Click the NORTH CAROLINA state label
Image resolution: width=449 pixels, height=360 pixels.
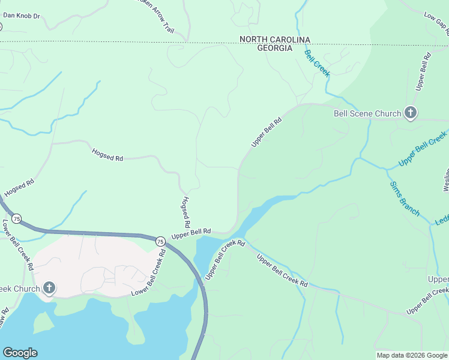pos(275,40)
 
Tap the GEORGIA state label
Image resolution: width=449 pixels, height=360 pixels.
pos(275,48)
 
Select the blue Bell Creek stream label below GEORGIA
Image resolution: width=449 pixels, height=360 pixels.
pos(317,63)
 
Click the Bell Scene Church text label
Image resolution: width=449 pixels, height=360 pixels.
pos(367,113)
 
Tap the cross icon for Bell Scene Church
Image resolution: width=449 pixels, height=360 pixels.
pos(411,113)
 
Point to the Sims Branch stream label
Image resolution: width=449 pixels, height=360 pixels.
pos(405,199)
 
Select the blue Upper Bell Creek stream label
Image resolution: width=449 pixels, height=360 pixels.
pos(423,149)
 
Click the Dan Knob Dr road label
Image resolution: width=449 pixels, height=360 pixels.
pos(22,14)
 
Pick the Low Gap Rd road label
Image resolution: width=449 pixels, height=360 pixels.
pos(436,22)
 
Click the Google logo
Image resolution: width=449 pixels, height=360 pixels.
pos(20,353)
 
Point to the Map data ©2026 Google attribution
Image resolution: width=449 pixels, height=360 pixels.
pos(412,355)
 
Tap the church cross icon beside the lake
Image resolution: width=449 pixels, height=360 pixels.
pos(49,288)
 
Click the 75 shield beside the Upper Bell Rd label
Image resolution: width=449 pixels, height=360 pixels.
pos(160,241)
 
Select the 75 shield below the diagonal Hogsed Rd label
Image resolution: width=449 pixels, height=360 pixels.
pos(17,219)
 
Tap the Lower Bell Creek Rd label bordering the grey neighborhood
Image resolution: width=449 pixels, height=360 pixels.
pos(149,274)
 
